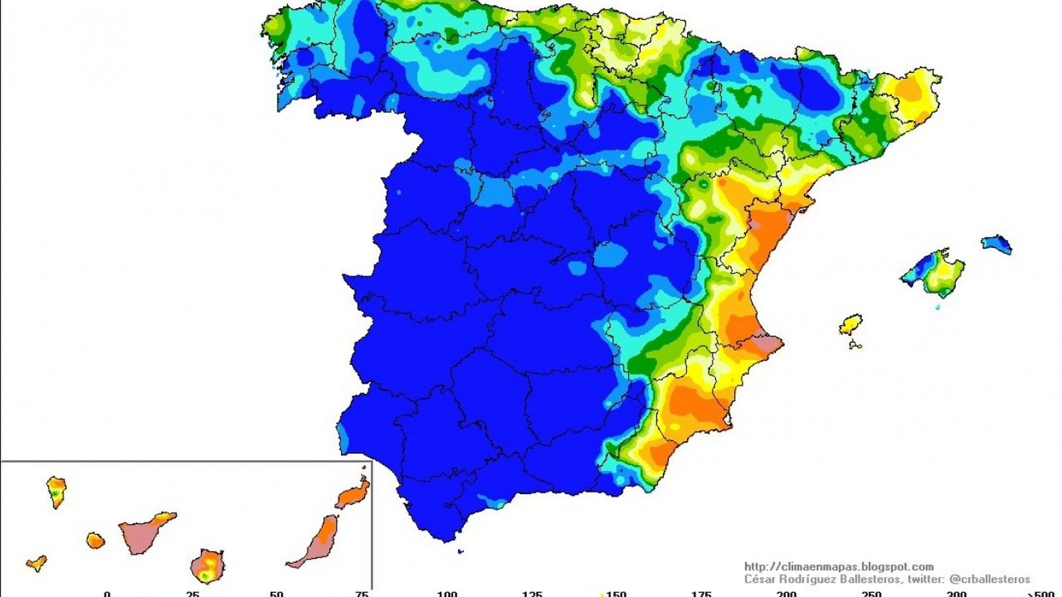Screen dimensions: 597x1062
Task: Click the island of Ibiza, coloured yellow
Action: pyautogui.click(x=850, y=324)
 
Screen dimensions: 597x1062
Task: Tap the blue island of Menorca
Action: pyautogui.click(x=997, y=244)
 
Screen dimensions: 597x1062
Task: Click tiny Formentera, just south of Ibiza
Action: pyautogui.click(x=855, y=345)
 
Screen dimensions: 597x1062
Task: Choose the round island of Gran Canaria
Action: pyautogui.click(x=207, y=566)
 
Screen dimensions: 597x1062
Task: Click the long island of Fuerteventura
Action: pyautogui.click(x=319, y=541)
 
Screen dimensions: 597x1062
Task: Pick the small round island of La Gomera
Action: pyautogui.click(x=96, y=541)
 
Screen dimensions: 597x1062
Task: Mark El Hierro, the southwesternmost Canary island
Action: pyautogui.click(x=37, y=564)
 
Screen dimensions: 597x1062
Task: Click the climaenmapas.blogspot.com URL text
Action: pyautogui.click(x=839, y=566)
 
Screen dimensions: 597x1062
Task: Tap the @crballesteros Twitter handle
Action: pyautogui.click(x=990, y=579)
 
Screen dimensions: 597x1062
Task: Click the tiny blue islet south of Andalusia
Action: pyautogui.click(x=461, y=551)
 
